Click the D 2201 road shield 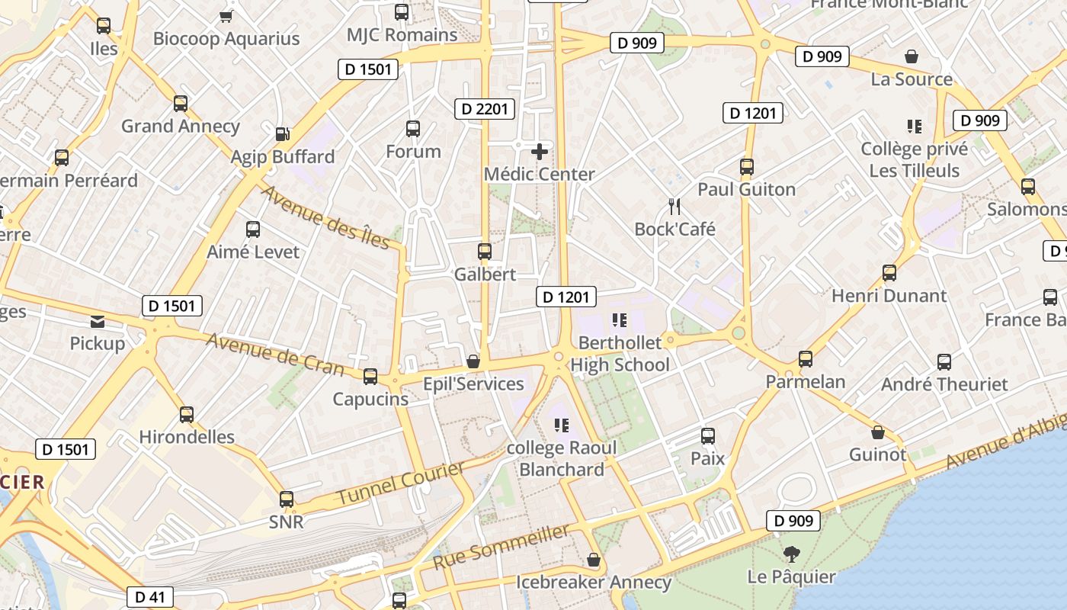coord(485,109)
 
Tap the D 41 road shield coord(150,597)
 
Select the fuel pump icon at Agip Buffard coord(282,134)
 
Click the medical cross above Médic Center coord(540,152)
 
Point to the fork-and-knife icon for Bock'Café coord(674,206)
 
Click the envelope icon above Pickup coord(98,321)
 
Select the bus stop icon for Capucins coord(370,376)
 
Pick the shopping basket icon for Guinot coord(878,432)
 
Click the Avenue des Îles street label coord(326,217)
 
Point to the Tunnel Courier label coord(401,483)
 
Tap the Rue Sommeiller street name coord(501,547)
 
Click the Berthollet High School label coord(620,354)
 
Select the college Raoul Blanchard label coord(562,458)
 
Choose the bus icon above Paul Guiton coord(747,166)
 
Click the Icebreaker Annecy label coord(594,583)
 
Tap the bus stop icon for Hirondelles coord(187,415)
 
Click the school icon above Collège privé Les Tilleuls coord(915,126)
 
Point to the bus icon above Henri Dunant coord(889,272)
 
